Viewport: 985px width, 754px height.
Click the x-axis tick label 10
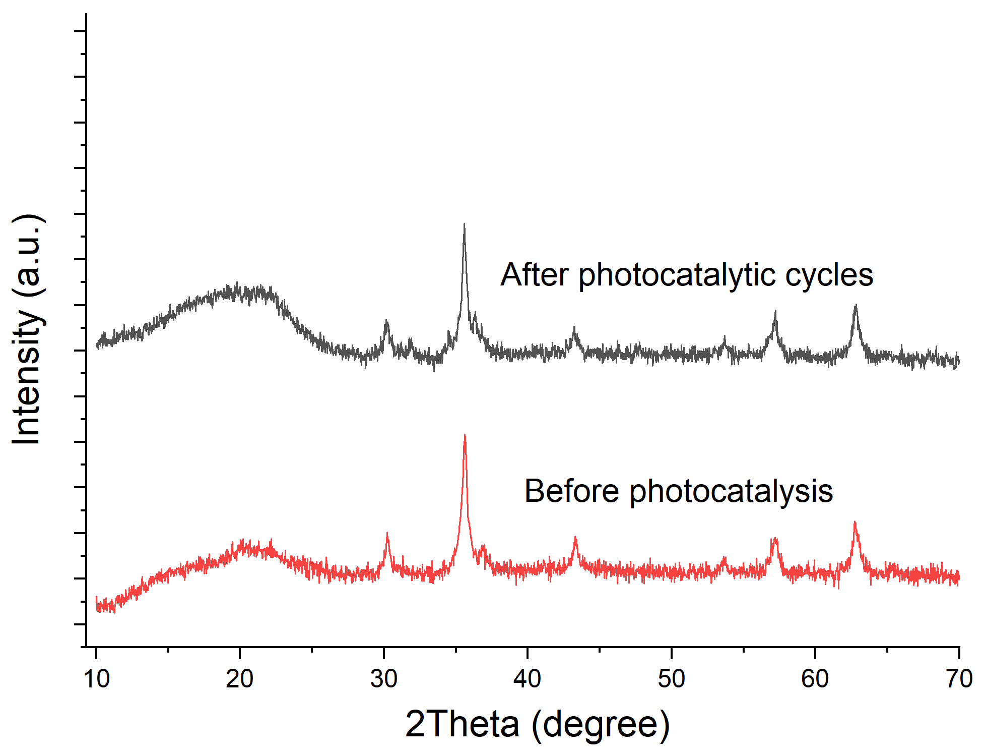pos(96,679)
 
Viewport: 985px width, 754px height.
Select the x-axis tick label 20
pos(240,679)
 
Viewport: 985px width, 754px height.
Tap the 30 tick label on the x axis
pos(384,679)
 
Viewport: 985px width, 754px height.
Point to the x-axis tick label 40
pos(528,679)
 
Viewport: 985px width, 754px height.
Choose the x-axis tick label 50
pos(672,679)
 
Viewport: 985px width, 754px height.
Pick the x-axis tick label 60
pos(815,679)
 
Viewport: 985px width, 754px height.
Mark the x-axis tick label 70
pos(959,679)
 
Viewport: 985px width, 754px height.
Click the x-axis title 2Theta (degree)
pos(538,725)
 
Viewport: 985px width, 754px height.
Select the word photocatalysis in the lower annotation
pos(732,492)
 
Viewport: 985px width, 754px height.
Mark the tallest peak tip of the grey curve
pos(464,224)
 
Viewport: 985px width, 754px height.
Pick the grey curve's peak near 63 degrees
pos(856,305)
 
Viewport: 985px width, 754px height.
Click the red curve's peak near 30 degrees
pos(387,533)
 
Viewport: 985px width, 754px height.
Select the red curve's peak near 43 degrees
pos(575,538)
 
